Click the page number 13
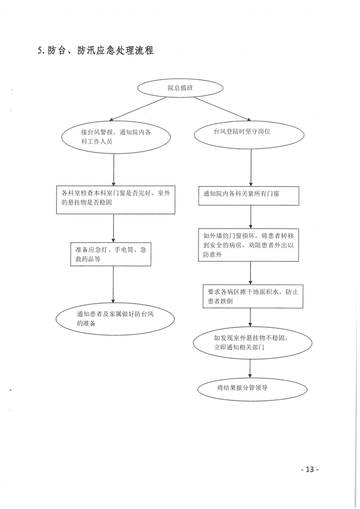point(310,469)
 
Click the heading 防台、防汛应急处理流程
point(100,51)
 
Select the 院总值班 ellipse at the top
point(181,88)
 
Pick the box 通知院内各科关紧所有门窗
point(249,196)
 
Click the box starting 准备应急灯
point(111,254)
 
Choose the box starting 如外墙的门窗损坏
point(248,245)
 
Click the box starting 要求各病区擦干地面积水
point(253,296)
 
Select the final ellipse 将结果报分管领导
point(253,389)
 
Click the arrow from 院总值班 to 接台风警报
point(138,109)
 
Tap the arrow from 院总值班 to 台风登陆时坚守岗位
point(223,109)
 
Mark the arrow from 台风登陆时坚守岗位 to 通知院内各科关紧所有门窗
point(250,167)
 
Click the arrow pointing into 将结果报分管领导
point(250,368)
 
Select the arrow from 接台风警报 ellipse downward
point(114,169)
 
